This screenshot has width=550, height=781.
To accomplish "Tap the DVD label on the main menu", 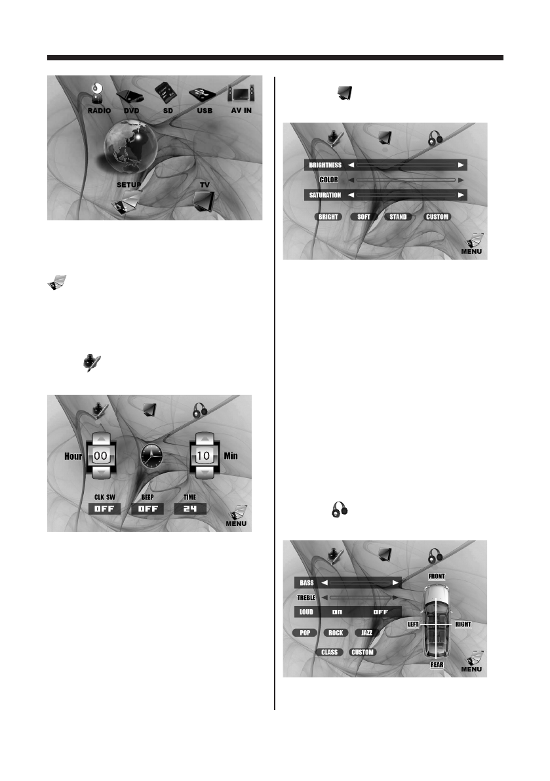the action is click(132, 111).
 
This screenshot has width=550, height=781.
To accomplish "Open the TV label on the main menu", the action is click(205, 185).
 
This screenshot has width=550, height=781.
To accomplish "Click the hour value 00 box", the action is click(99, 453).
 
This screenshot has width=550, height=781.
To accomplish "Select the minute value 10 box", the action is click(202, 453).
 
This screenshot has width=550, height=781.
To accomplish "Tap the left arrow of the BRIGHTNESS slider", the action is click(351, 165).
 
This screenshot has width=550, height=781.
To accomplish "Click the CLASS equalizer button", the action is click(329, 652).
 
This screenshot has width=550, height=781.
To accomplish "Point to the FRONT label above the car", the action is click(437, 576).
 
